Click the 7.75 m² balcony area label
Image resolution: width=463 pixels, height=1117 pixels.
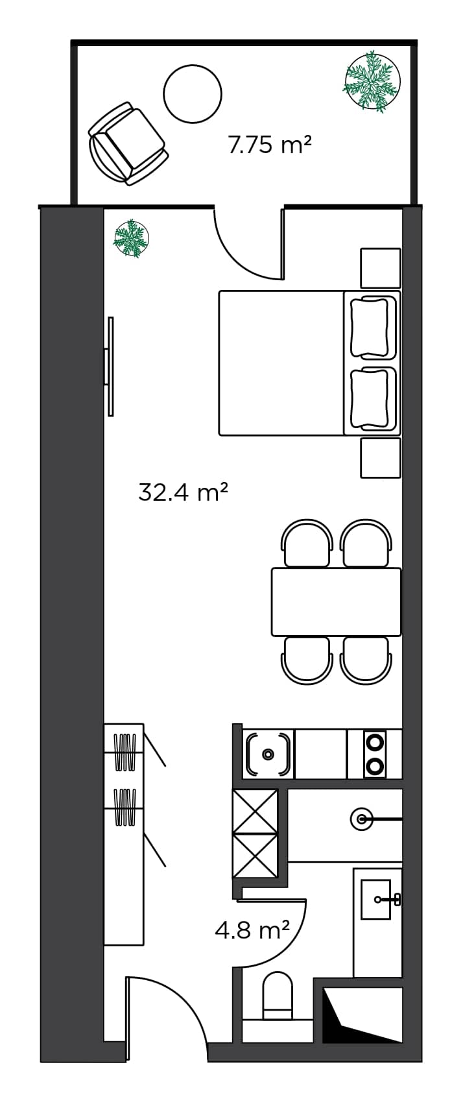click(270, 144)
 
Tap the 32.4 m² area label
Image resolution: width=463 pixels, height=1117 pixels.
click(183, 492)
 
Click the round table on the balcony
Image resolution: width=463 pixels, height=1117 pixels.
click(193, 93)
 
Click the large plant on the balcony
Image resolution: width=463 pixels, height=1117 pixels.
click(371, 81)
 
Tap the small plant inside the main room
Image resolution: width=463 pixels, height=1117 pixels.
click(132, 238)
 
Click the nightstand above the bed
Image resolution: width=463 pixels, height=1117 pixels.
click(381, 267)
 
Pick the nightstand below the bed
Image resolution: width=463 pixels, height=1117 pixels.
click(381, 457)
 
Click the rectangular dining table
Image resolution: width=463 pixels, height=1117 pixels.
click(336, 601)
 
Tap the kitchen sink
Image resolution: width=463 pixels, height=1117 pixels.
click(267, 754)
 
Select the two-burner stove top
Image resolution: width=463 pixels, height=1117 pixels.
click(375, 754)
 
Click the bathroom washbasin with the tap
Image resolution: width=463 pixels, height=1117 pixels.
click(377, 899)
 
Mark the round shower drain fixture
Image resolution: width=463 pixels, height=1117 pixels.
click(361, 819)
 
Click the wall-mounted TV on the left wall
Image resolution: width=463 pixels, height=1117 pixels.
click(110, 366)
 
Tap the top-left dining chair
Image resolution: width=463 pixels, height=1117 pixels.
click(307, 544)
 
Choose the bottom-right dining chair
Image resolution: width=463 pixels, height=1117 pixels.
click(365, 660)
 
